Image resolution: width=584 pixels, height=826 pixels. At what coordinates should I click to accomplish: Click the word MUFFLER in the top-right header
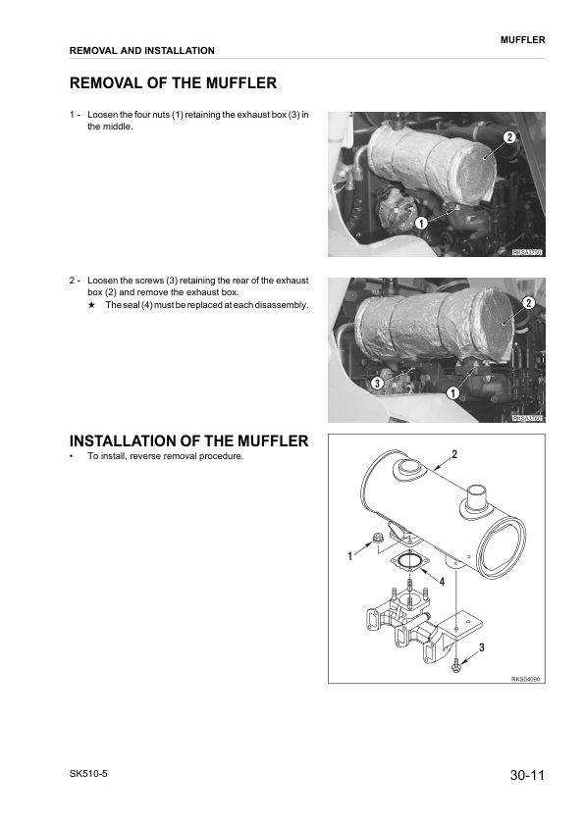coord(522,39)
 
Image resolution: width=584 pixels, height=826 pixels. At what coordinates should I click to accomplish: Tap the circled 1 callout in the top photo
coord(420,224)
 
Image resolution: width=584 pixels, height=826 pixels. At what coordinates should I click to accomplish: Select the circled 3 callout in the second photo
coord(376,383)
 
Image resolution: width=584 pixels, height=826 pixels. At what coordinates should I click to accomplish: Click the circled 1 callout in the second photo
coord(453,393)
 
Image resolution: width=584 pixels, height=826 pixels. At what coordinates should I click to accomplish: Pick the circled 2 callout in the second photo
coord(528,303)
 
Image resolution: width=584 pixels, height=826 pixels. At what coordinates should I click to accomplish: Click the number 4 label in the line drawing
coord(442,582)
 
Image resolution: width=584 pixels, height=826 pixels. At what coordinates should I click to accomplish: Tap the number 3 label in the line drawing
coord(482,648)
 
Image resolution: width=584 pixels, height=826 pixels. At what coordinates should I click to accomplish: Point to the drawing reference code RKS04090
coord(526,679)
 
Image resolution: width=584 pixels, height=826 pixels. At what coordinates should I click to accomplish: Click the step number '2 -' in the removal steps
coord(75,280)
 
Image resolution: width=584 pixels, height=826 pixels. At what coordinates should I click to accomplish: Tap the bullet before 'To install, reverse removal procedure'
coord(72,457)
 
